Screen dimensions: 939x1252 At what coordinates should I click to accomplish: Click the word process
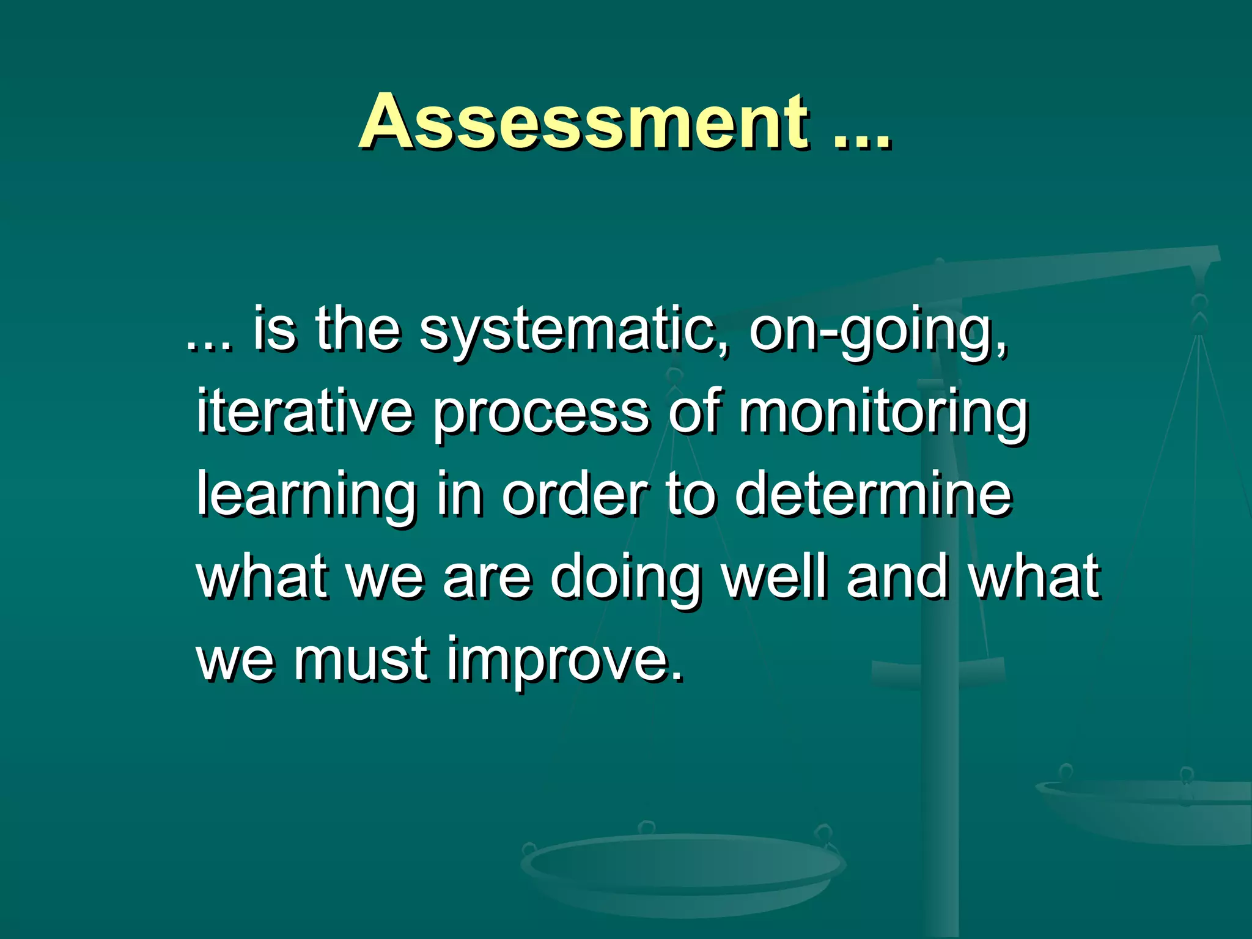pos(540,414)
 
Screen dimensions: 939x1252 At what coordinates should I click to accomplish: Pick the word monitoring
pos(883,414)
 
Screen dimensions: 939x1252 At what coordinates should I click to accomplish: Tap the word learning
pos(306,496)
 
